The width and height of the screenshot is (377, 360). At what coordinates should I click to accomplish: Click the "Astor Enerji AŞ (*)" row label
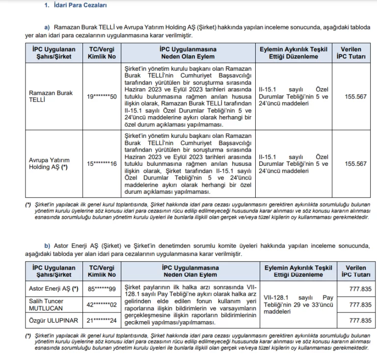[51, 290]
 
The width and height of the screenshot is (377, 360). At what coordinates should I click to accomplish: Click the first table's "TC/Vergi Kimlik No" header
[101, 53]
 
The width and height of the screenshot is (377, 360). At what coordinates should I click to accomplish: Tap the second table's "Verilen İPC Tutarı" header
[356, 272]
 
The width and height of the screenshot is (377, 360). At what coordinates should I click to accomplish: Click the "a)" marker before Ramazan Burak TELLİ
[47, 28]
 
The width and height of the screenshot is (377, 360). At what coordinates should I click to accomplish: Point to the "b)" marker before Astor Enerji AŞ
[47, 246]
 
